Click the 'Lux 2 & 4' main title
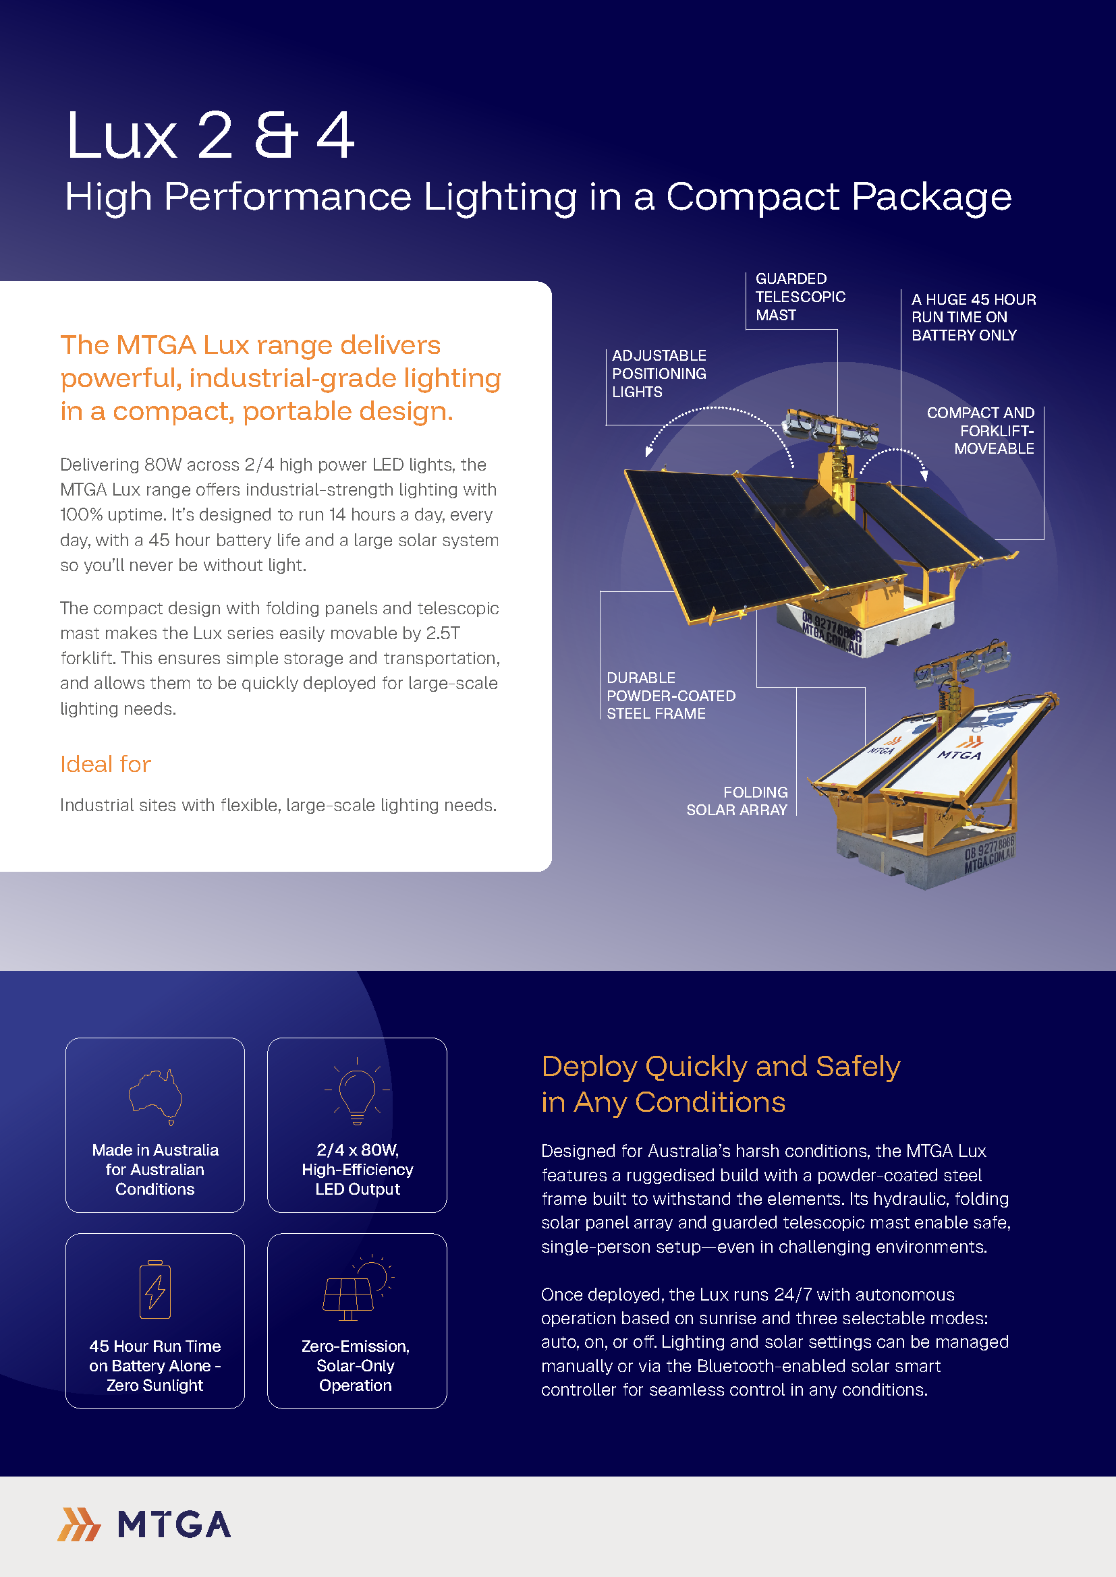point(210,136)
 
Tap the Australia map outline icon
point(155,1095)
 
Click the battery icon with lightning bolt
point(155,1290)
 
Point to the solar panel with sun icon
point(356,1290)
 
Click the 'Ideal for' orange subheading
point(105,764)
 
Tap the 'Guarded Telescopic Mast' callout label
point(800,297)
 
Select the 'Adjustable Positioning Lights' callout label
point(659,374)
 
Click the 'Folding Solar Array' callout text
point(737,801)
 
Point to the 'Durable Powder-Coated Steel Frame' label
point(670,696)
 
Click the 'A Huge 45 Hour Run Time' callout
point(973,318)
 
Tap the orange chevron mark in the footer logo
point(79,1525)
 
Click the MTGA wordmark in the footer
point(174,1525)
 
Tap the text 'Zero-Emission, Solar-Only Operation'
point(356,1365)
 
